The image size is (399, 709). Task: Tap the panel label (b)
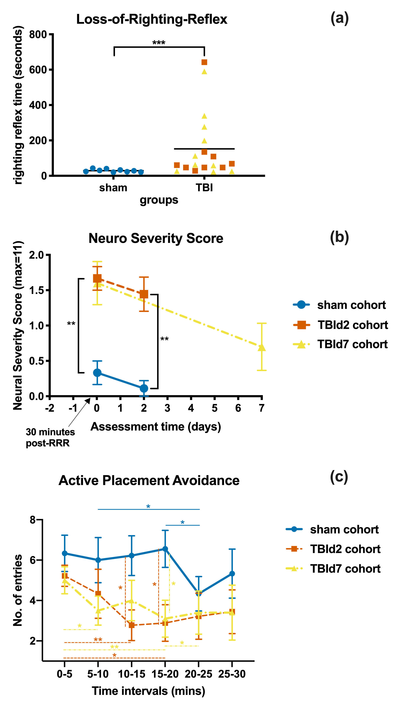point(339,237)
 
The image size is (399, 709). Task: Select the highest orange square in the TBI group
point(204,62)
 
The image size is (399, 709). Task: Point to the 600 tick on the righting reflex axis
point(38,70)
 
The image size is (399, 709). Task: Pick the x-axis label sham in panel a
point(113,188)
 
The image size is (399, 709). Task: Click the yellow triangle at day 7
point(262,347)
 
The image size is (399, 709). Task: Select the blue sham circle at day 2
point(144,388)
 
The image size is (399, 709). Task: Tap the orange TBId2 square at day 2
point(144,294)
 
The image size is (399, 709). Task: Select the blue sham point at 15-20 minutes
point(165,549)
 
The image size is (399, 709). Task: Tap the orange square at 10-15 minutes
point(132,625)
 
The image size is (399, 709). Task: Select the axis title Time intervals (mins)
point(149,691)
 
